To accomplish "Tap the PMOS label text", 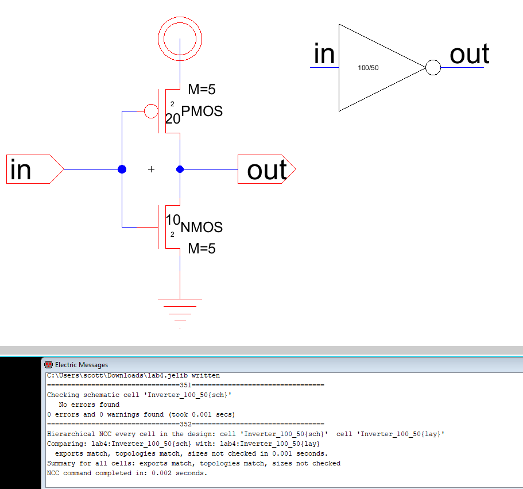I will point(202,111).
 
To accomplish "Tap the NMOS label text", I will point(202,228).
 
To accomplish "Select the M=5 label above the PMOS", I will point(202,89).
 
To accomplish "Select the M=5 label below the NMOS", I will point(202,249).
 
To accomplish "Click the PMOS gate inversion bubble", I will point(150,111).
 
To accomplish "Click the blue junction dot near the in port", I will point(122,169).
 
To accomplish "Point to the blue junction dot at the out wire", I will point(180,169).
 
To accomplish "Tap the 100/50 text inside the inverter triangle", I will point(368,68).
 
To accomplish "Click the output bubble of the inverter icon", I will point(433,68).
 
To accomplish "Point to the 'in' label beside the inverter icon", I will point(324,55).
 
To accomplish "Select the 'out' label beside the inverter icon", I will point(469,55).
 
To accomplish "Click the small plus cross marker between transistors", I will point(151,170).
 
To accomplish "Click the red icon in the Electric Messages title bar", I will point(48,365).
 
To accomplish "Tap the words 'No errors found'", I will point(89,405).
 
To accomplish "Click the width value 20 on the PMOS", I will point(173,119).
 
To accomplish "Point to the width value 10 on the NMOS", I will point(173,220).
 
